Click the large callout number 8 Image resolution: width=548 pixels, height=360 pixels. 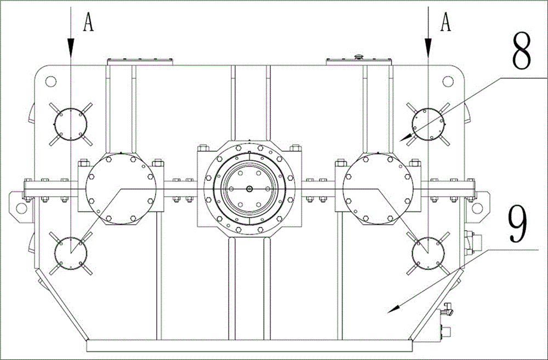tap(522, 51)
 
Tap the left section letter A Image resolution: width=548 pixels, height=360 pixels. tap(89, 22)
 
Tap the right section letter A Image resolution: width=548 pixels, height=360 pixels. tap(445, 22)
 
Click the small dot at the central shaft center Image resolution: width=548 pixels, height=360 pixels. tap(249, 189)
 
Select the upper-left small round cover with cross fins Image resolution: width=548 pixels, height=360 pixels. tap(71, 124)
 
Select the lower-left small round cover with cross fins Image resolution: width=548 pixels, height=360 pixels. tap(71, 253)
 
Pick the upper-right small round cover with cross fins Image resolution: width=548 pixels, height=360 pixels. tap(428, 124)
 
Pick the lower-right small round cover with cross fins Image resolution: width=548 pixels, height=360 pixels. tap(428, 253)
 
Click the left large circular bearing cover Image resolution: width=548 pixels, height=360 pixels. tap(121, 188)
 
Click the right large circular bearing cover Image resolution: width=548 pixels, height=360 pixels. tap(378, 188)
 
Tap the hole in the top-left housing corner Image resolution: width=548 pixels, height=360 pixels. tap(50, 82)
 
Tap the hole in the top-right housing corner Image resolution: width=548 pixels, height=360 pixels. tap(448, 82)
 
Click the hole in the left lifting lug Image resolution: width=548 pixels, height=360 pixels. tap(22, 208)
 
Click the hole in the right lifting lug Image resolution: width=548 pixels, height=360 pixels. tap(477, 208)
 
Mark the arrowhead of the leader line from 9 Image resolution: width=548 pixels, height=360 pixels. tap(393, 310)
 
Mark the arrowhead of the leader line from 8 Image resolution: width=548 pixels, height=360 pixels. tap(406, 138)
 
